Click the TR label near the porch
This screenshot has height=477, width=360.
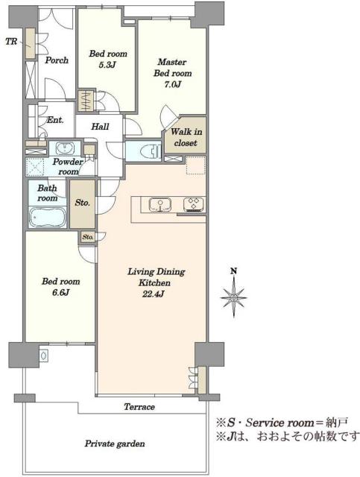coord(11,42)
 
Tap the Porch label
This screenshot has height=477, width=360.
coord(57,60)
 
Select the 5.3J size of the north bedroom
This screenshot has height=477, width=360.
coord(107,65)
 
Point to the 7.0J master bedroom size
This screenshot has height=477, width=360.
coord(172,84)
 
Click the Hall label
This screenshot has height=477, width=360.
coord(100,127)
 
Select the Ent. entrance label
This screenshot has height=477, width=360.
coord(55,120)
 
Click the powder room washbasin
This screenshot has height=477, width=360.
coord(65,148)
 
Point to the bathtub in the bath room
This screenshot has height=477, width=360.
coord(48,217)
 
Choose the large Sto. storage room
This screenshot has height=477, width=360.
coord(82,203)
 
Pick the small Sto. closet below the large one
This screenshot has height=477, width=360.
coord(88,237)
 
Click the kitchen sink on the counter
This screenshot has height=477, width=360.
coord(160,204)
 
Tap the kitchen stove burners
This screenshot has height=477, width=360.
coord(193,204)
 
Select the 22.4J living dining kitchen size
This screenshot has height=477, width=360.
coord(153,294)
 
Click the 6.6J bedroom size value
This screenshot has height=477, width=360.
coord(60,293)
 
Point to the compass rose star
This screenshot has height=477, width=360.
coord(233,297)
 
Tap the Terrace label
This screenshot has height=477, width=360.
coord(139,407)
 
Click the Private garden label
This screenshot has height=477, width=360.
coord(115,443)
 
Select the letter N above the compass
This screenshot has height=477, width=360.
coord(233,271)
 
